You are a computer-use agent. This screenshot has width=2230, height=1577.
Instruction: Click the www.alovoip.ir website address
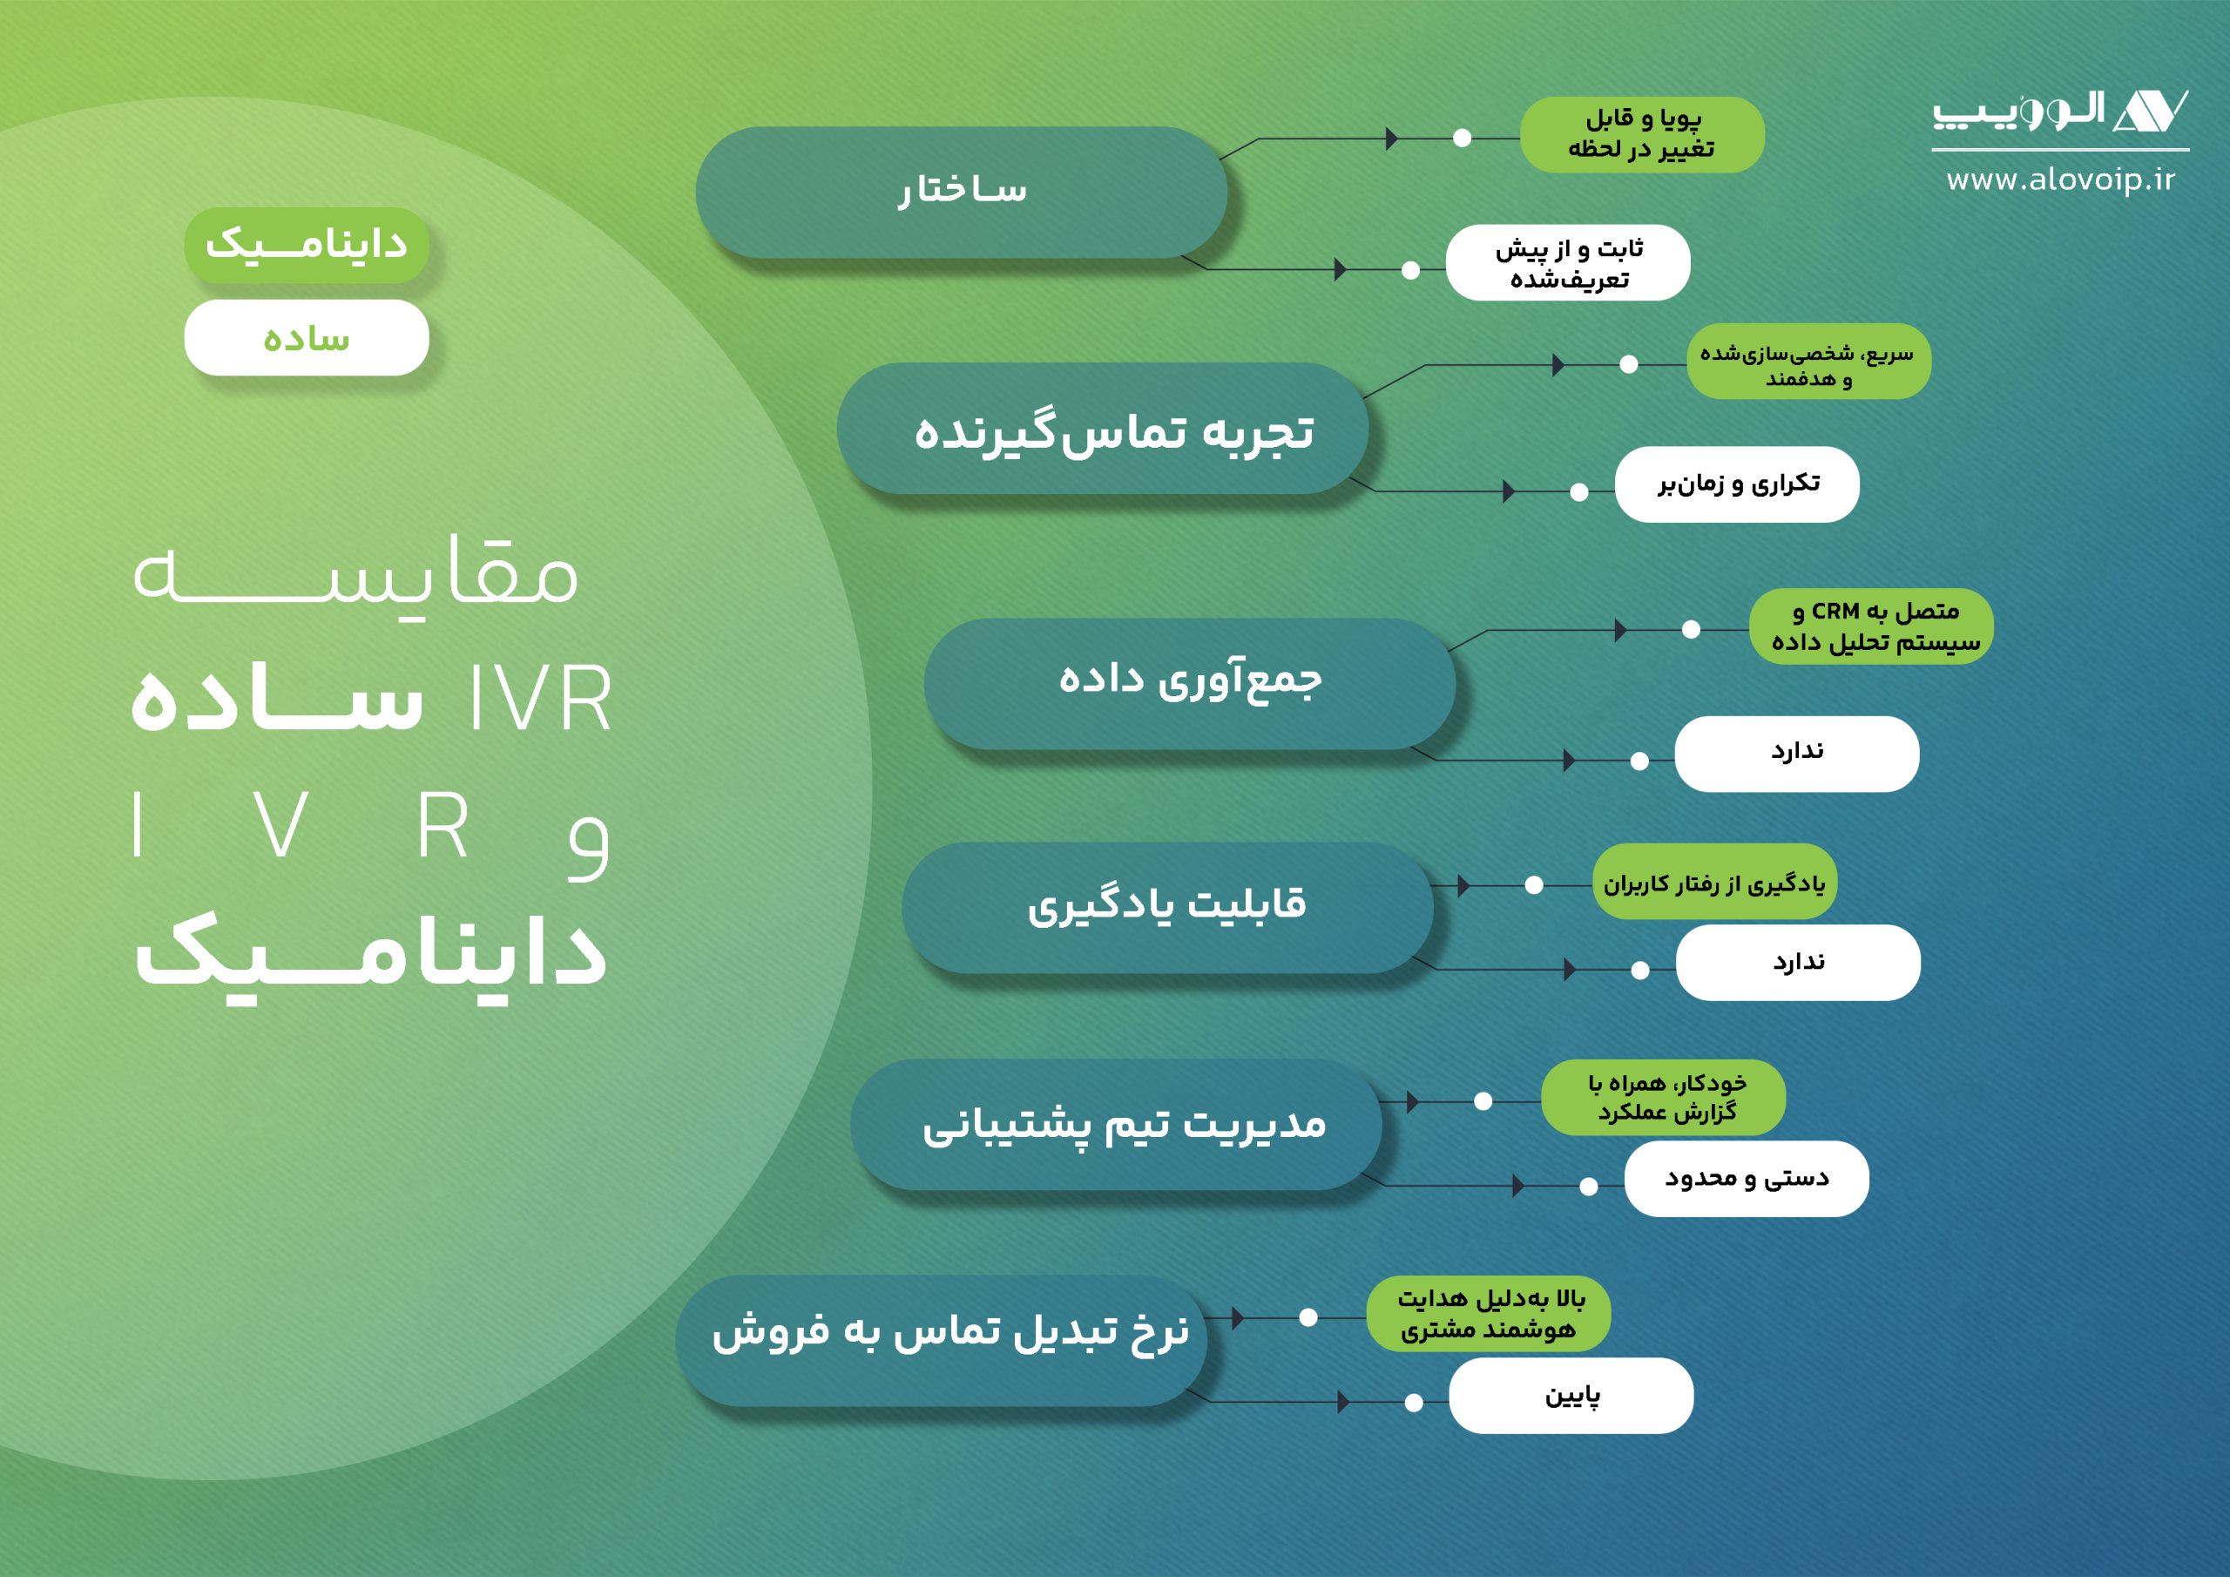2060,180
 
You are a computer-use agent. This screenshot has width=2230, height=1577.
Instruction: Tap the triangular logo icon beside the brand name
2149,112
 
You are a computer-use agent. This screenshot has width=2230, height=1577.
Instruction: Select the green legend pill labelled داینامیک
306,245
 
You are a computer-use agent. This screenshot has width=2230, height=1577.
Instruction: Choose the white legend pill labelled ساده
306,338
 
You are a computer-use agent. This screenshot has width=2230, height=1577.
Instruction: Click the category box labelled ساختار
961,193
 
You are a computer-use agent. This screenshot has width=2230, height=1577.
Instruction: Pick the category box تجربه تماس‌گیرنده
1103,430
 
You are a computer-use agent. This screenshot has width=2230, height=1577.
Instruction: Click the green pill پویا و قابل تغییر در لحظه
1641,135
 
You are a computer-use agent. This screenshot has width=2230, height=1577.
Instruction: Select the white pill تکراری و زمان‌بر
1737,484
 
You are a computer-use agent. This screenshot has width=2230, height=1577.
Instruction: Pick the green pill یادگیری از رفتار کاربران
1713,883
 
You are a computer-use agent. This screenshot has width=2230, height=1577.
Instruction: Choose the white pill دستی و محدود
1747,1179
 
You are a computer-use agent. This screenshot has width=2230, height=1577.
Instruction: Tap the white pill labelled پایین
1571,1395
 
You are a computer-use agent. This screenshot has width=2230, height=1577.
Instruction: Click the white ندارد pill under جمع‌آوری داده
1797,754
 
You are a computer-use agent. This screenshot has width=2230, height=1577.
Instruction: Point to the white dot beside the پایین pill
1414,1402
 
